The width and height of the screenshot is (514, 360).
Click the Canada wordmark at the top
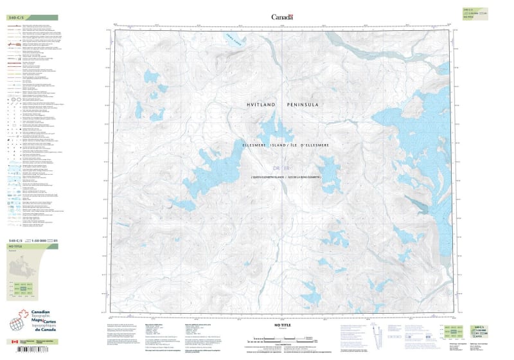(282, 17)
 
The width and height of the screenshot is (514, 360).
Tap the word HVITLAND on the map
(265, 104)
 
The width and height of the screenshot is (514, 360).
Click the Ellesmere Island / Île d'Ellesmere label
(285, 146)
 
